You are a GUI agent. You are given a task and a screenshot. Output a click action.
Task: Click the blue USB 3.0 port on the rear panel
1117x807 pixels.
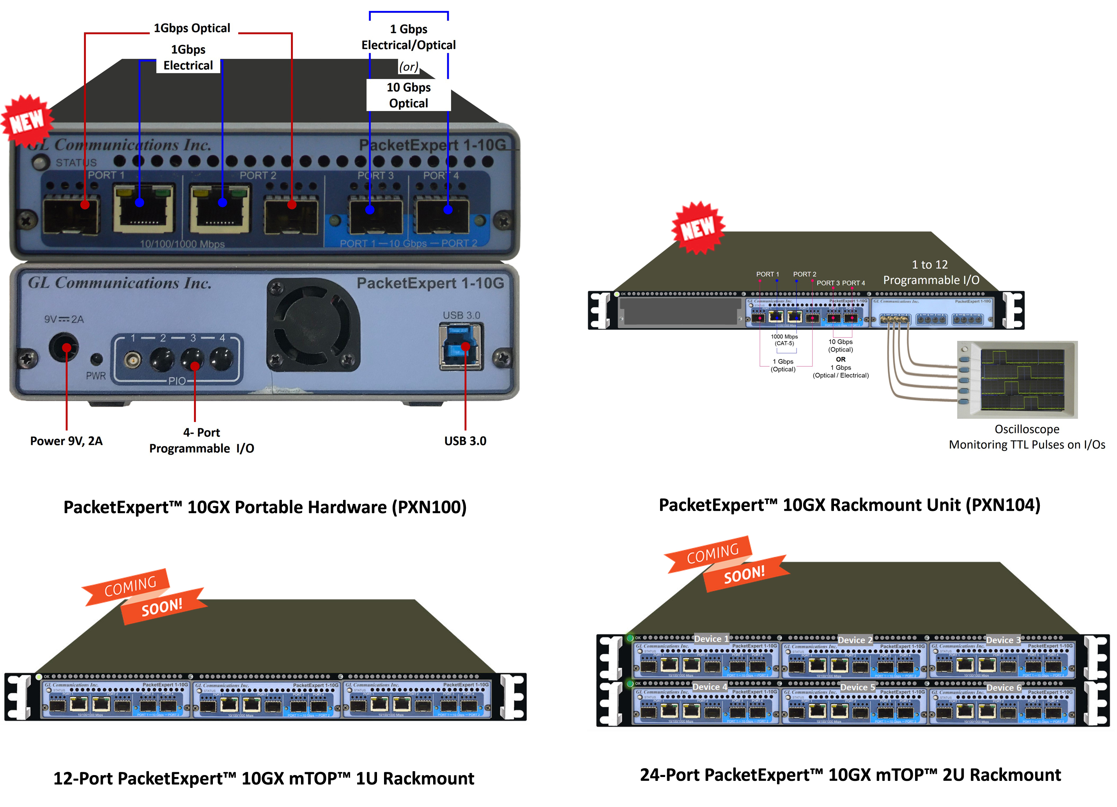(461, 347)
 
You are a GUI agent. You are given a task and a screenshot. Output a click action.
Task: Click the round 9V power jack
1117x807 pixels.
(64, 348)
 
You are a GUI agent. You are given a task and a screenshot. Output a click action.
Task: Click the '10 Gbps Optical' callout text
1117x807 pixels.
(408, 95)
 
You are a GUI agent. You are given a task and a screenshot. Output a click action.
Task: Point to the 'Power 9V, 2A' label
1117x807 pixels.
(67, 441)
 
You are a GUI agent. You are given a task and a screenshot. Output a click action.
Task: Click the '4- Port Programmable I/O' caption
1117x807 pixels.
(202, 441)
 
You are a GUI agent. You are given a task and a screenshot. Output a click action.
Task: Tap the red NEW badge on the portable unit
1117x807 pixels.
(27, 121)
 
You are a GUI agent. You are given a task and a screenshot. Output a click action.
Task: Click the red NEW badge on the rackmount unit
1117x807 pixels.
(698, 228)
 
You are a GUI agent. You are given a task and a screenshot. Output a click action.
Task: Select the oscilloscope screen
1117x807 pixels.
(1022, 380)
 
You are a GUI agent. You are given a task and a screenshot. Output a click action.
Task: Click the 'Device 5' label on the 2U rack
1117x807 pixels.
(857, 687)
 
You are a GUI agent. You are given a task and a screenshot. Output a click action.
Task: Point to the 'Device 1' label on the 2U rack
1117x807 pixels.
(711, 639)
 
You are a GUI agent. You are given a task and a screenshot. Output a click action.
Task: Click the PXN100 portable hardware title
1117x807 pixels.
(265, 507)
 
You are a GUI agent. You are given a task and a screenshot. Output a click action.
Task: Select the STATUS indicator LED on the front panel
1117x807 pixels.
(41, 162)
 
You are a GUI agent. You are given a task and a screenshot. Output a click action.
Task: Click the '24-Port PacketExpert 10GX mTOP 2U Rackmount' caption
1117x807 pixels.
(850, 775)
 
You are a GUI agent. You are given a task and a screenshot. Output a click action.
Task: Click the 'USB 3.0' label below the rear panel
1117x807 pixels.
(465, 441)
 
